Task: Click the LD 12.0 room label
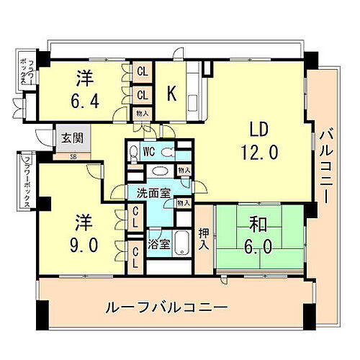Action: (258, 140)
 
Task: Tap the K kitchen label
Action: (172, 94)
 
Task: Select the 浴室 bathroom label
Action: (158, 243)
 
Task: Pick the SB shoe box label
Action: (73, 156)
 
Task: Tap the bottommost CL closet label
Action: (135, 256)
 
